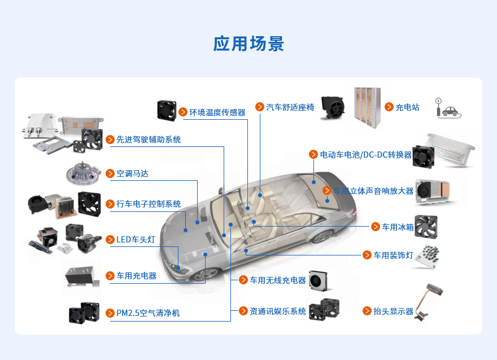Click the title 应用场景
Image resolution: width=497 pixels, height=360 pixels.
pyautogui.click(x=249, y=44)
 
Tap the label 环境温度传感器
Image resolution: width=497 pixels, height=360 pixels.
pyautogui.click(x=217, y=112)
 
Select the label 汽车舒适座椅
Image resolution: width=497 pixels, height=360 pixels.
pyautogui.click(x=290, y=107)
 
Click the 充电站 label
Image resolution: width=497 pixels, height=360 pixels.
pyautogui.click(x=407, y=107)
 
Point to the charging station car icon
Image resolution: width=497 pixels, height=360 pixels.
pyautogui.click(x=449, y=110)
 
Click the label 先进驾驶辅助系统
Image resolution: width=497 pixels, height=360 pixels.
pyautogui.click(x=149, y=139)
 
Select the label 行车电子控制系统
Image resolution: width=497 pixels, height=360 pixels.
pyautogui.click(x=149, y=204)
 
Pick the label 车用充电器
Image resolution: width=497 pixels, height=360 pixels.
pyautogui.click(x=136, y=276)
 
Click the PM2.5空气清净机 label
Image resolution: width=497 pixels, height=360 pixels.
pyautogui.click(x=148, y=313)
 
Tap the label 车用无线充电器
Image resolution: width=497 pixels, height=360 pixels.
pyautogui.click(x=278, y=280)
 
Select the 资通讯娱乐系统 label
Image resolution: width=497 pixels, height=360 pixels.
pyautogui.click(x=278, y=311)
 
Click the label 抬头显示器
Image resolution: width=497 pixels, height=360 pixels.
pyautogui.click(x=393, y=311)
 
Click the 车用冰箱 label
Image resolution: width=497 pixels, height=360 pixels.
pyautogui.click(x=398, y=227)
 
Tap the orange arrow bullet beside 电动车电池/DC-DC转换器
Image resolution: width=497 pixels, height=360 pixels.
pyautogui.click(x=313, y=154)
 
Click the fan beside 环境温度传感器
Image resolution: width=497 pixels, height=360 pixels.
pyautogui.click(x=167, y=110)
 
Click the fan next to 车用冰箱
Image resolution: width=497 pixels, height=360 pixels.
pyautogui.click(x=426, y=226)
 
